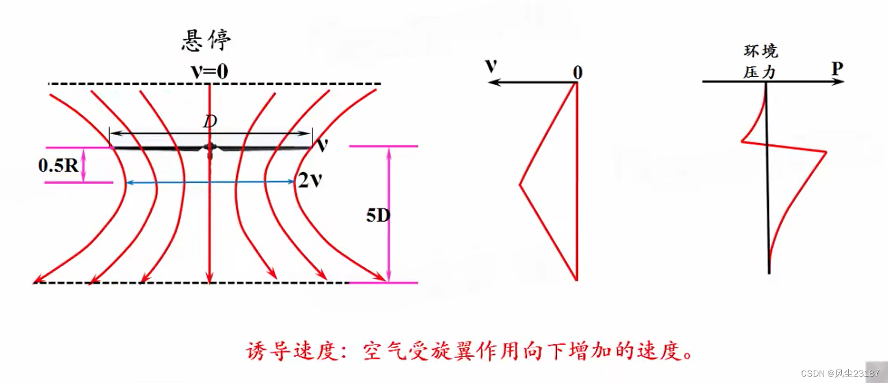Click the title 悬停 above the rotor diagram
click(207, 40)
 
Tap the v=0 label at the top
click(209, 71)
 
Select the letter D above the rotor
click(210, 121)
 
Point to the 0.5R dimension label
click(58, 165)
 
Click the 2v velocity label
click(310, 180)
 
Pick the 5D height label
click(378, 216)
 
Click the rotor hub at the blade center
click(210, 147)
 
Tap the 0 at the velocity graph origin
click(578, 72)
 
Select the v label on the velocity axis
click(491, 65)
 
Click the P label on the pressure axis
click(837, 69)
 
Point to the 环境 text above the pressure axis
click(761, 51)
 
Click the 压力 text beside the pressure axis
click(759, 72)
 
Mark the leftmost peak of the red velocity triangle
click(520, 185)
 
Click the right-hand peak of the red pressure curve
click(825, 152)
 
